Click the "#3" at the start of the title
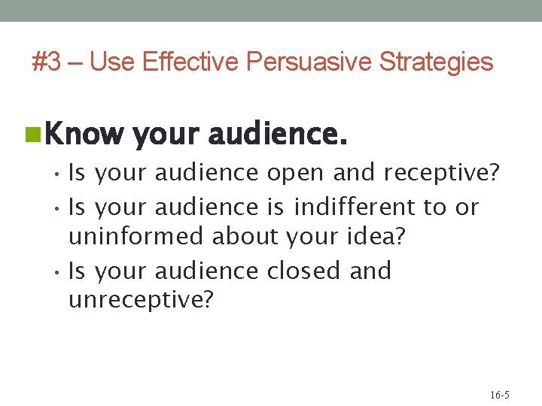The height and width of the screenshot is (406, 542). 47,62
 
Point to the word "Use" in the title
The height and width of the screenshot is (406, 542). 112,62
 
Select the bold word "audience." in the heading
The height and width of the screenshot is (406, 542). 277,135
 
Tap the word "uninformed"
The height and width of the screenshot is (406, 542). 136,237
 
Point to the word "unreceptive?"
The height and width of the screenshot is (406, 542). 141,301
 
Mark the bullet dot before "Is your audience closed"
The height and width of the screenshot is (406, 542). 59,271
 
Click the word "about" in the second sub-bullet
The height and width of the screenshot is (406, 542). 245,237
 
